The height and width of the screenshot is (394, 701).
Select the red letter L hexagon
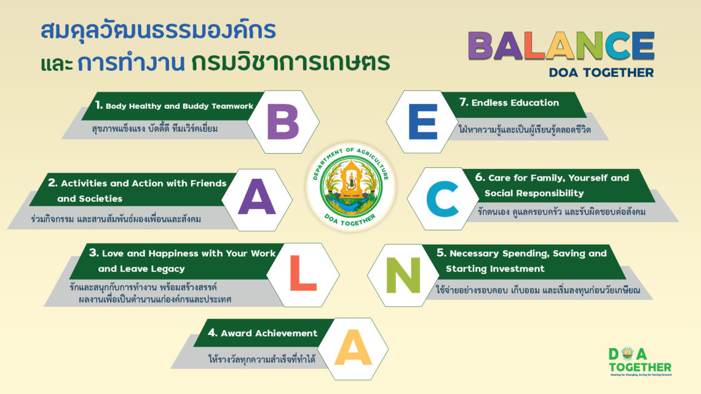point(303,275)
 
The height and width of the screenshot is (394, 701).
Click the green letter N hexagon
point(403,275)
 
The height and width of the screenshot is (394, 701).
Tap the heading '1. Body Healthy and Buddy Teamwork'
point(174,106)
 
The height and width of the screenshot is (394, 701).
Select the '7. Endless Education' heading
point(509,103)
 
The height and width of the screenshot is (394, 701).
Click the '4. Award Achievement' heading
point(263,333)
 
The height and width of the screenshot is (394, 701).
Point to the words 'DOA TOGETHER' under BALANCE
point(601,73)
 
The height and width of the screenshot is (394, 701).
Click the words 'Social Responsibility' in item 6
point(534,193)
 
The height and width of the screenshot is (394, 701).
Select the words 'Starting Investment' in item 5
point(495,269)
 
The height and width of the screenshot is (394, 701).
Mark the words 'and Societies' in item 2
point(90,199)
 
